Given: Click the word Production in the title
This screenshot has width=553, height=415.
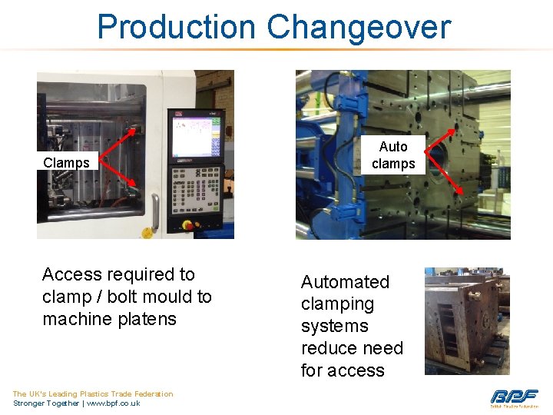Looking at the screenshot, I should (176, 27).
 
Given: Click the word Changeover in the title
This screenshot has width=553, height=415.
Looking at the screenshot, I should (359, 27).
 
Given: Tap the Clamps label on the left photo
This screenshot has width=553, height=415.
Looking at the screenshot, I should (66, 163).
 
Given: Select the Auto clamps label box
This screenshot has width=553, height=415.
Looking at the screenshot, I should (393, 155).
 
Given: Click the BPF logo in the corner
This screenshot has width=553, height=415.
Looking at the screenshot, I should (514, 397).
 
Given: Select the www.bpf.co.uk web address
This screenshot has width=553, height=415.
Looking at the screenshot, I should (113, 403).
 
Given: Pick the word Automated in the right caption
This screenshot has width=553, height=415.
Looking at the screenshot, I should (345, 282).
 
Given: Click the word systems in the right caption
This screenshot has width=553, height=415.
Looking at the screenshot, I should (334, 326).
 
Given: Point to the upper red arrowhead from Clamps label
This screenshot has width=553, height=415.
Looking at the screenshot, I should (137, 128).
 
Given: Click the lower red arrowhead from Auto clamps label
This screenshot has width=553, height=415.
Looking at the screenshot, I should (462, 192).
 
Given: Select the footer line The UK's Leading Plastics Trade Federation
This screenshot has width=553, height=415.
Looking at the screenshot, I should (93, 394).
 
